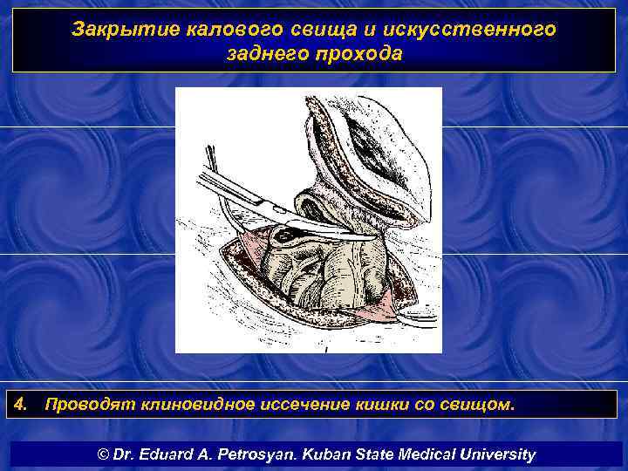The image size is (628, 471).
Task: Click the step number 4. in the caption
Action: pos(23,405)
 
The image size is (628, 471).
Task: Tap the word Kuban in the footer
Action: pos(324,454)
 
